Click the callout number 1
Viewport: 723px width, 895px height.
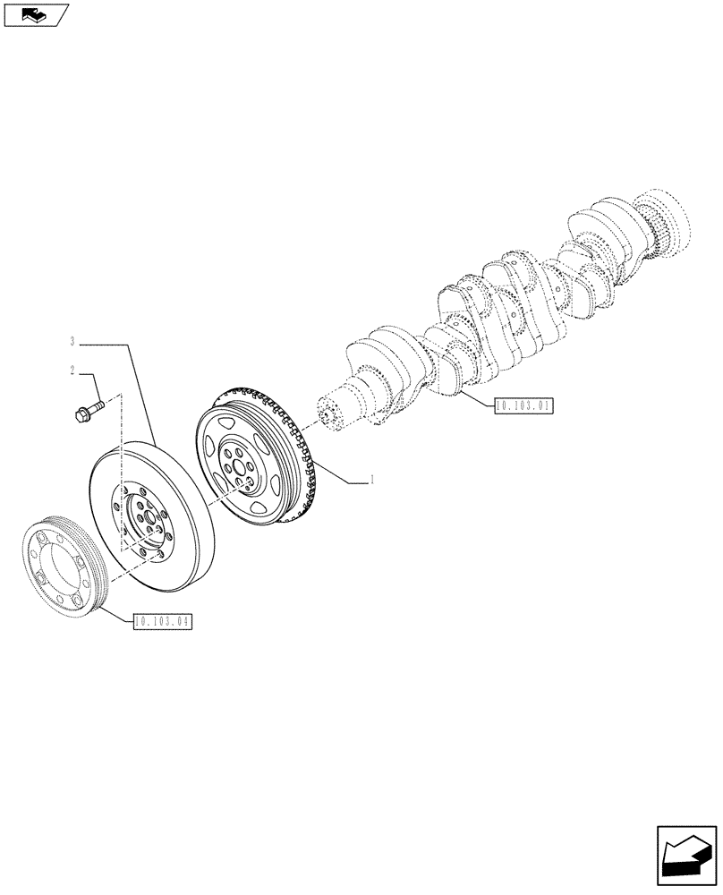point(371,481)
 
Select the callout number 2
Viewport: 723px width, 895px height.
point(70,371)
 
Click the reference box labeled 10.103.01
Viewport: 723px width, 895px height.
point(523,405)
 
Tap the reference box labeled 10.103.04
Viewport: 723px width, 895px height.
point(163,620)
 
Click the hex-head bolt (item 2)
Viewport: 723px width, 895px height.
point(88,410)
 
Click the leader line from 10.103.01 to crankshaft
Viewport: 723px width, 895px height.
point(474,399)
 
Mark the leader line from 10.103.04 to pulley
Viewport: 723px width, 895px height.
point(116,613)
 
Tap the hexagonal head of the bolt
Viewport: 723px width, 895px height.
point(78,414)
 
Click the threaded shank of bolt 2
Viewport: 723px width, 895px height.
point(98,405)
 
